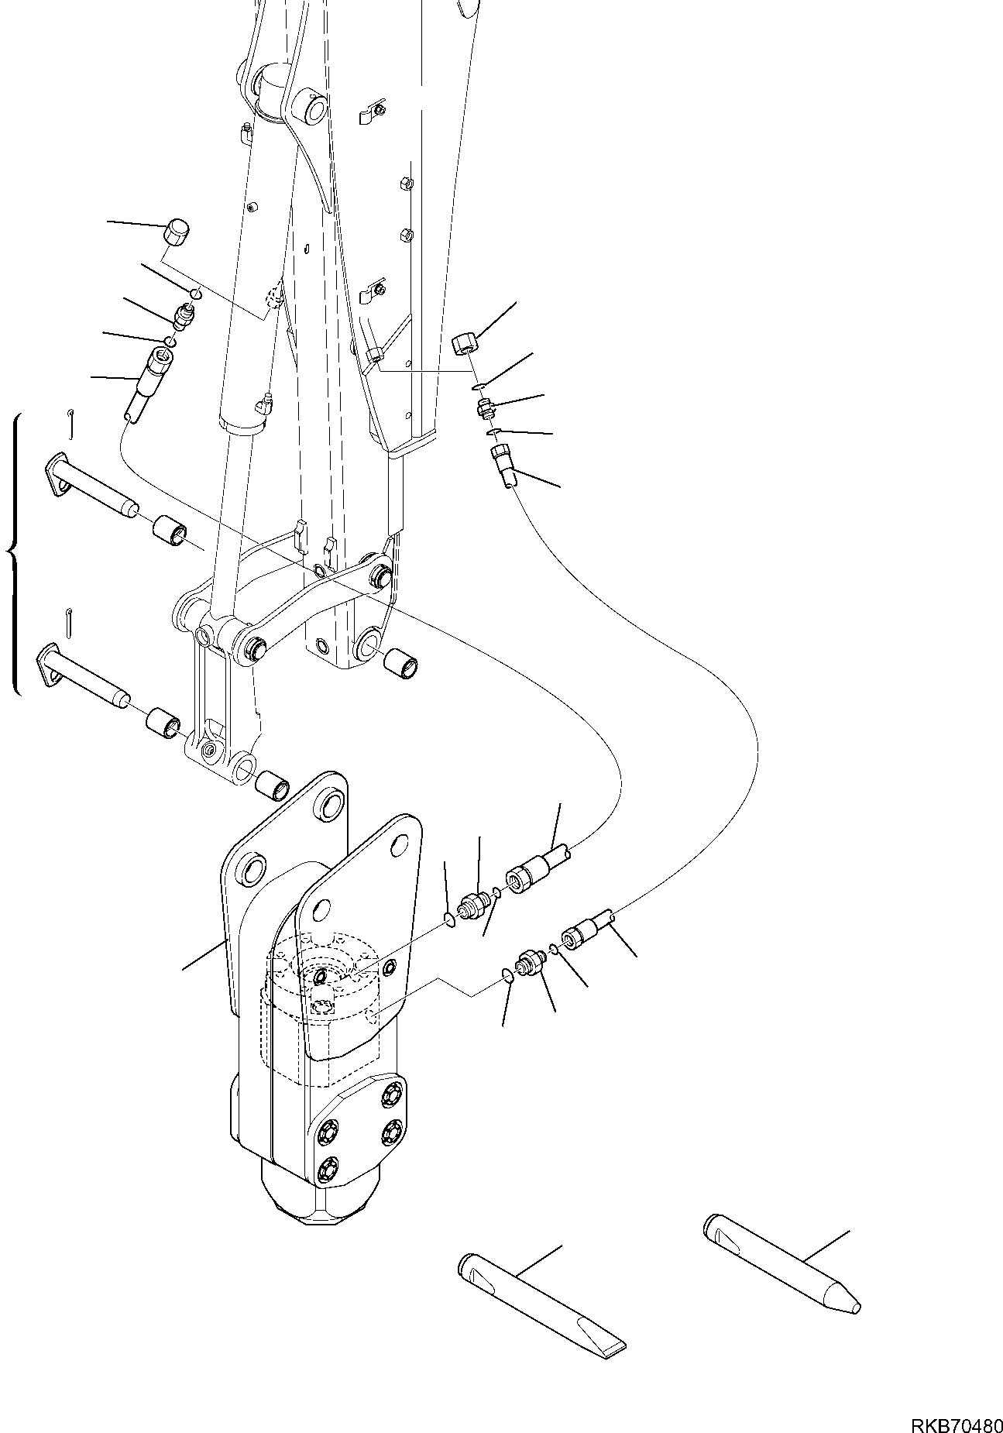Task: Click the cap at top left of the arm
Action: point(179,232)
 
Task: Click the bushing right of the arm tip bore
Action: point(402,665)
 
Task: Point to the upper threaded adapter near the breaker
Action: point(473,905)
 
